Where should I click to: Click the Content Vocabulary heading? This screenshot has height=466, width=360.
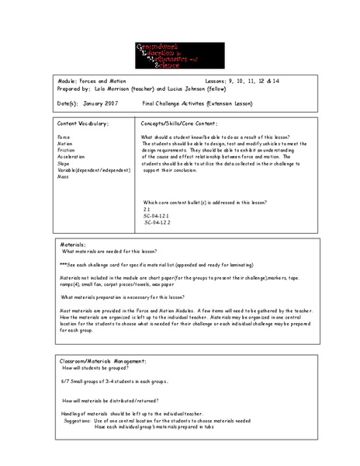coord(83,123)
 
